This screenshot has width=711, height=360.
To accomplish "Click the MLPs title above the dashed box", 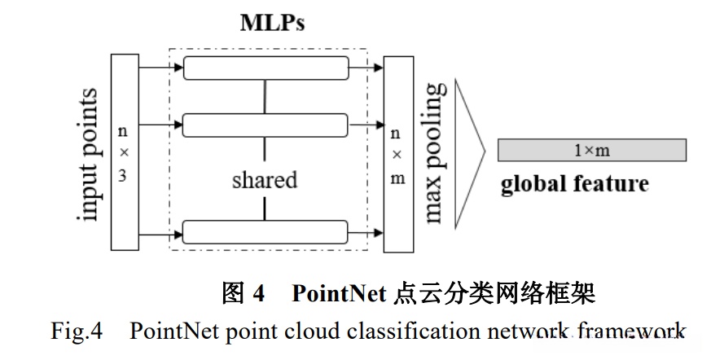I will (x=271, y=24).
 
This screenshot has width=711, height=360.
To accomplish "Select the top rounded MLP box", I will (x=266, y=68).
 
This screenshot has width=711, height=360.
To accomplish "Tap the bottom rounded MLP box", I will (x=266, y=231).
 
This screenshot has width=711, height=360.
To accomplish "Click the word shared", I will (x=264, y=179).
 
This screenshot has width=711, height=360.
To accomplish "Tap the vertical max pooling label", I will (x=435, y=151).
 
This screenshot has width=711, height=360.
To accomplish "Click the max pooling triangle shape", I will (x=469, y=151).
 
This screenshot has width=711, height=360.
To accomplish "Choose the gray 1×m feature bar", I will (x=592, y=150).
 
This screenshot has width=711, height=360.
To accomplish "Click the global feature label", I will (x=574, y=183).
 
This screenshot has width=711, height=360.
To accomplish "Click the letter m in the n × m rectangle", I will (x=397, y=178).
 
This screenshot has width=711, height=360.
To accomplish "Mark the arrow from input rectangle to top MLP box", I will (x=161, y=68).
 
